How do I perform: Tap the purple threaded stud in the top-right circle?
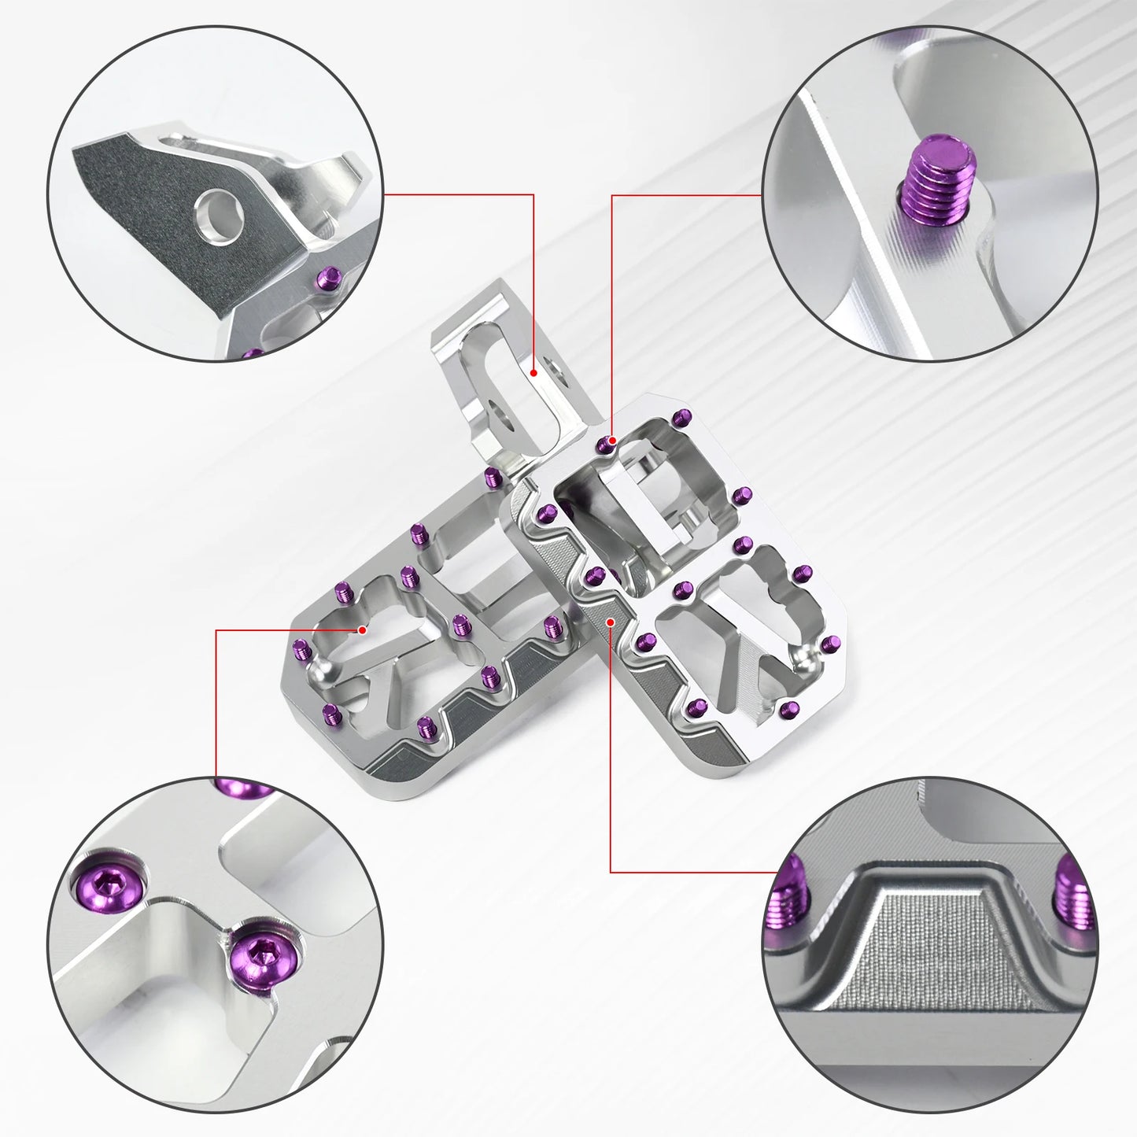click(x=940, y=181)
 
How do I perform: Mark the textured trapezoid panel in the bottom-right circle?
click(x=928, y=952)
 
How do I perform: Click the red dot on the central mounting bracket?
click(x=533, y=373)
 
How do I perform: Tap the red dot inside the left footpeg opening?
click(x=362, y=629)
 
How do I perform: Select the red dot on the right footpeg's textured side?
click(x=611, y=622)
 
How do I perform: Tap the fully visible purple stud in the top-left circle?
click(x=328, y=278)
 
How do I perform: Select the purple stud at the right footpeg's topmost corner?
click(x=681, y=417)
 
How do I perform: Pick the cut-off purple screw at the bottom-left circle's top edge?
click(x=240, y=787)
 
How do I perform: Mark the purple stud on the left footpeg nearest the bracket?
click(x=493, y=476)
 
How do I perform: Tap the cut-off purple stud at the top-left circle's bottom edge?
click(x=250, y=354)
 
